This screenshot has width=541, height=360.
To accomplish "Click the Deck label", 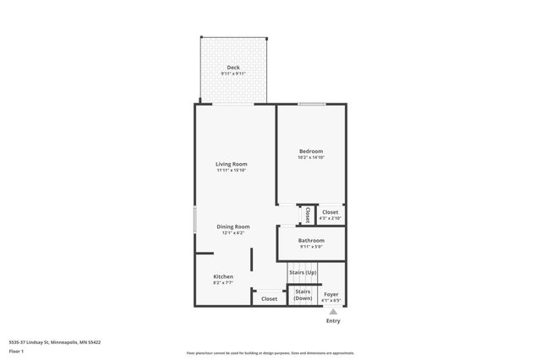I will point(233,68).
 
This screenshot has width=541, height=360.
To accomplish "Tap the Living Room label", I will point(231,164).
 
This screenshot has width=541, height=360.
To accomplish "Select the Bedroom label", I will point(311,151).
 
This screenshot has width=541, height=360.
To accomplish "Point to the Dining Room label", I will point(232,226).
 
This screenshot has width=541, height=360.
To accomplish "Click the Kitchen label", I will point(223,276).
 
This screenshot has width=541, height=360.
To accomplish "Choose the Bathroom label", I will point(311,241).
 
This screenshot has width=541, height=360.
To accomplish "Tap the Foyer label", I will point(331,294).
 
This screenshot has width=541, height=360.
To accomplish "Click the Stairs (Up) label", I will point(303,272).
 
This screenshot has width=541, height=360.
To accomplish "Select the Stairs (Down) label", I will point(303,294).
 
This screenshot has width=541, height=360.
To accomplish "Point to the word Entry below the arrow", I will point(333,321).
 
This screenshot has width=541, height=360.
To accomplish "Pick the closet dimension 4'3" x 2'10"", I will point(330,218).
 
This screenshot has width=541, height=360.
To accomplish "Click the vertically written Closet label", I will point(308,215).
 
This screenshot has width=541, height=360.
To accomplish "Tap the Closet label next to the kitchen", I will point(269,298).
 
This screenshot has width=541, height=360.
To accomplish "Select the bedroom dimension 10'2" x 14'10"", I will point(311,157).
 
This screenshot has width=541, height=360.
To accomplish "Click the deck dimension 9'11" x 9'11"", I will point(233,74).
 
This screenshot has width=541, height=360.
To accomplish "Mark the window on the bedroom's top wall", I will point(311,104).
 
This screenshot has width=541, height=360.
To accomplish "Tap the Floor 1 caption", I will point(16,350).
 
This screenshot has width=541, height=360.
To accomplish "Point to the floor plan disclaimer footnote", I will point(270,353).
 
